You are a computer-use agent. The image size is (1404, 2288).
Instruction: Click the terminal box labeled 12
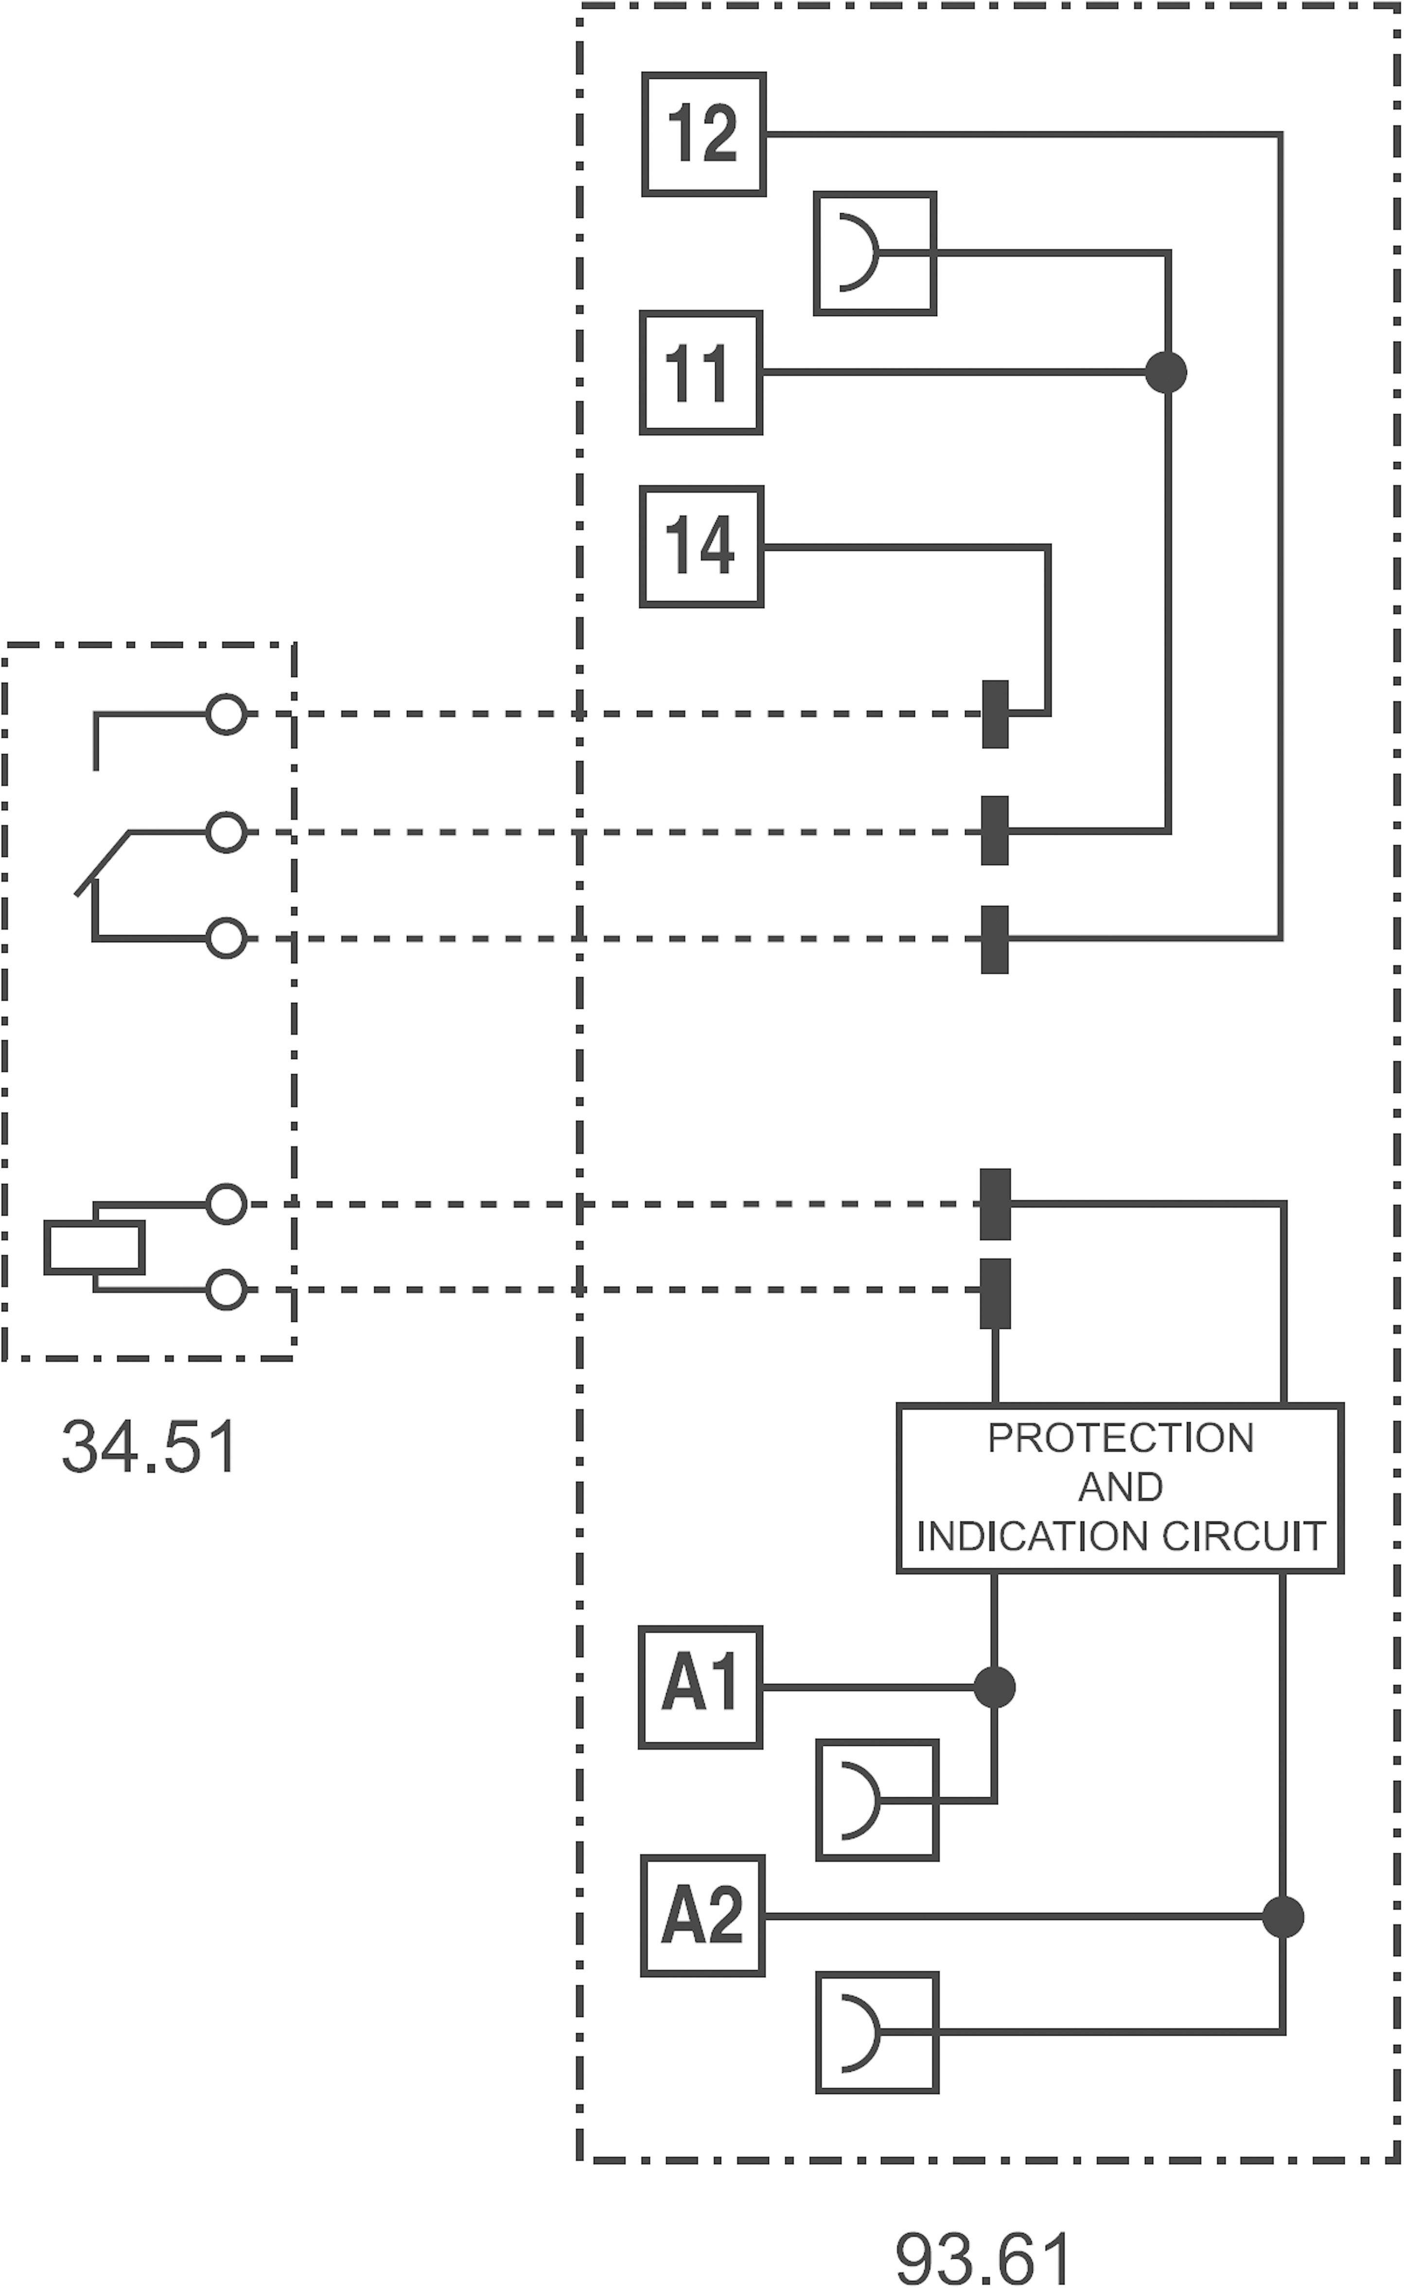703,135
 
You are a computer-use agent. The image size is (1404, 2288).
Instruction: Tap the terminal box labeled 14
701,547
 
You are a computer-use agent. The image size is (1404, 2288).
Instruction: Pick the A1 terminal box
700,1687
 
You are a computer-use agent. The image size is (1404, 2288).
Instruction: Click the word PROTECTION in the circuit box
1120,1438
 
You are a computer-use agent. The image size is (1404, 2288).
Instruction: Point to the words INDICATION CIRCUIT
1120,1537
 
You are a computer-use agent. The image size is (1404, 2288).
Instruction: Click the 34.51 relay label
149,1447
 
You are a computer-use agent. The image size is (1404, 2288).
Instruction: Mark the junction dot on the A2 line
1283,1916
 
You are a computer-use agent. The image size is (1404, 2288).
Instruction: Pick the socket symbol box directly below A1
877,1800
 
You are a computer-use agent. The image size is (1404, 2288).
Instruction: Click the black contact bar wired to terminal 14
995,714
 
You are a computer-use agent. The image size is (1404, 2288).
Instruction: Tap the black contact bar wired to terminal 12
995,939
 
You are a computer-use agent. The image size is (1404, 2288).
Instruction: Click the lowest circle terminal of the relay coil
226,1290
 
